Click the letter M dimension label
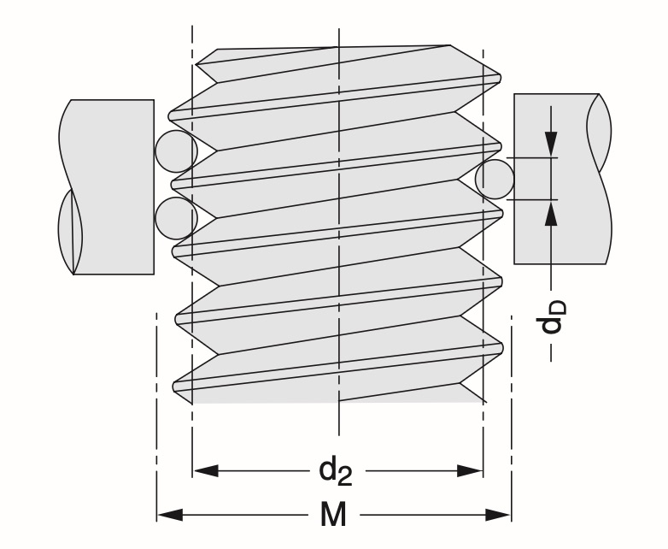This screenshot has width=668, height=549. coord(334,516)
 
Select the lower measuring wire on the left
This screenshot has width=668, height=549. coord(176,217)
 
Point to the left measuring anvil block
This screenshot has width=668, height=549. coord(111,186)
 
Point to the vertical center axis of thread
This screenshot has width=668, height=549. coord(339,257)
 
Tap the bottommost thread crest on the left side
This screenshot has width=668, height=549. coord(177,384)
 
